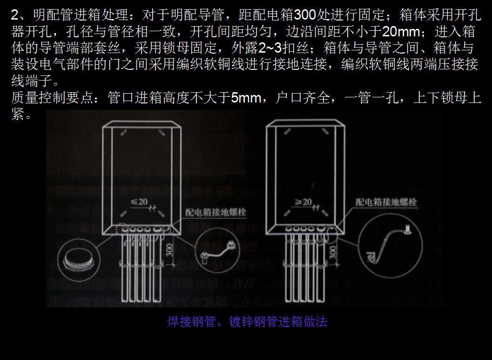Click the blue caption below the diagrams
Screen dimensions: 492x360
[247, 322]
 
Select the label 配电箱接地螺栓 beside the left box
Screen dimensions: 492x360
[216, 212]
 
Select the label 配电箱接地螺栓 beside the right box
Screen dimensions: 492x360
[386, 202]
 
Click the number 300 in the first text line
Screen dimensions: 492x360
[304, 15]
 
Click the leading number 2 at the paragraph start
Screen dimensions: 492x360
[14, 15]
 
